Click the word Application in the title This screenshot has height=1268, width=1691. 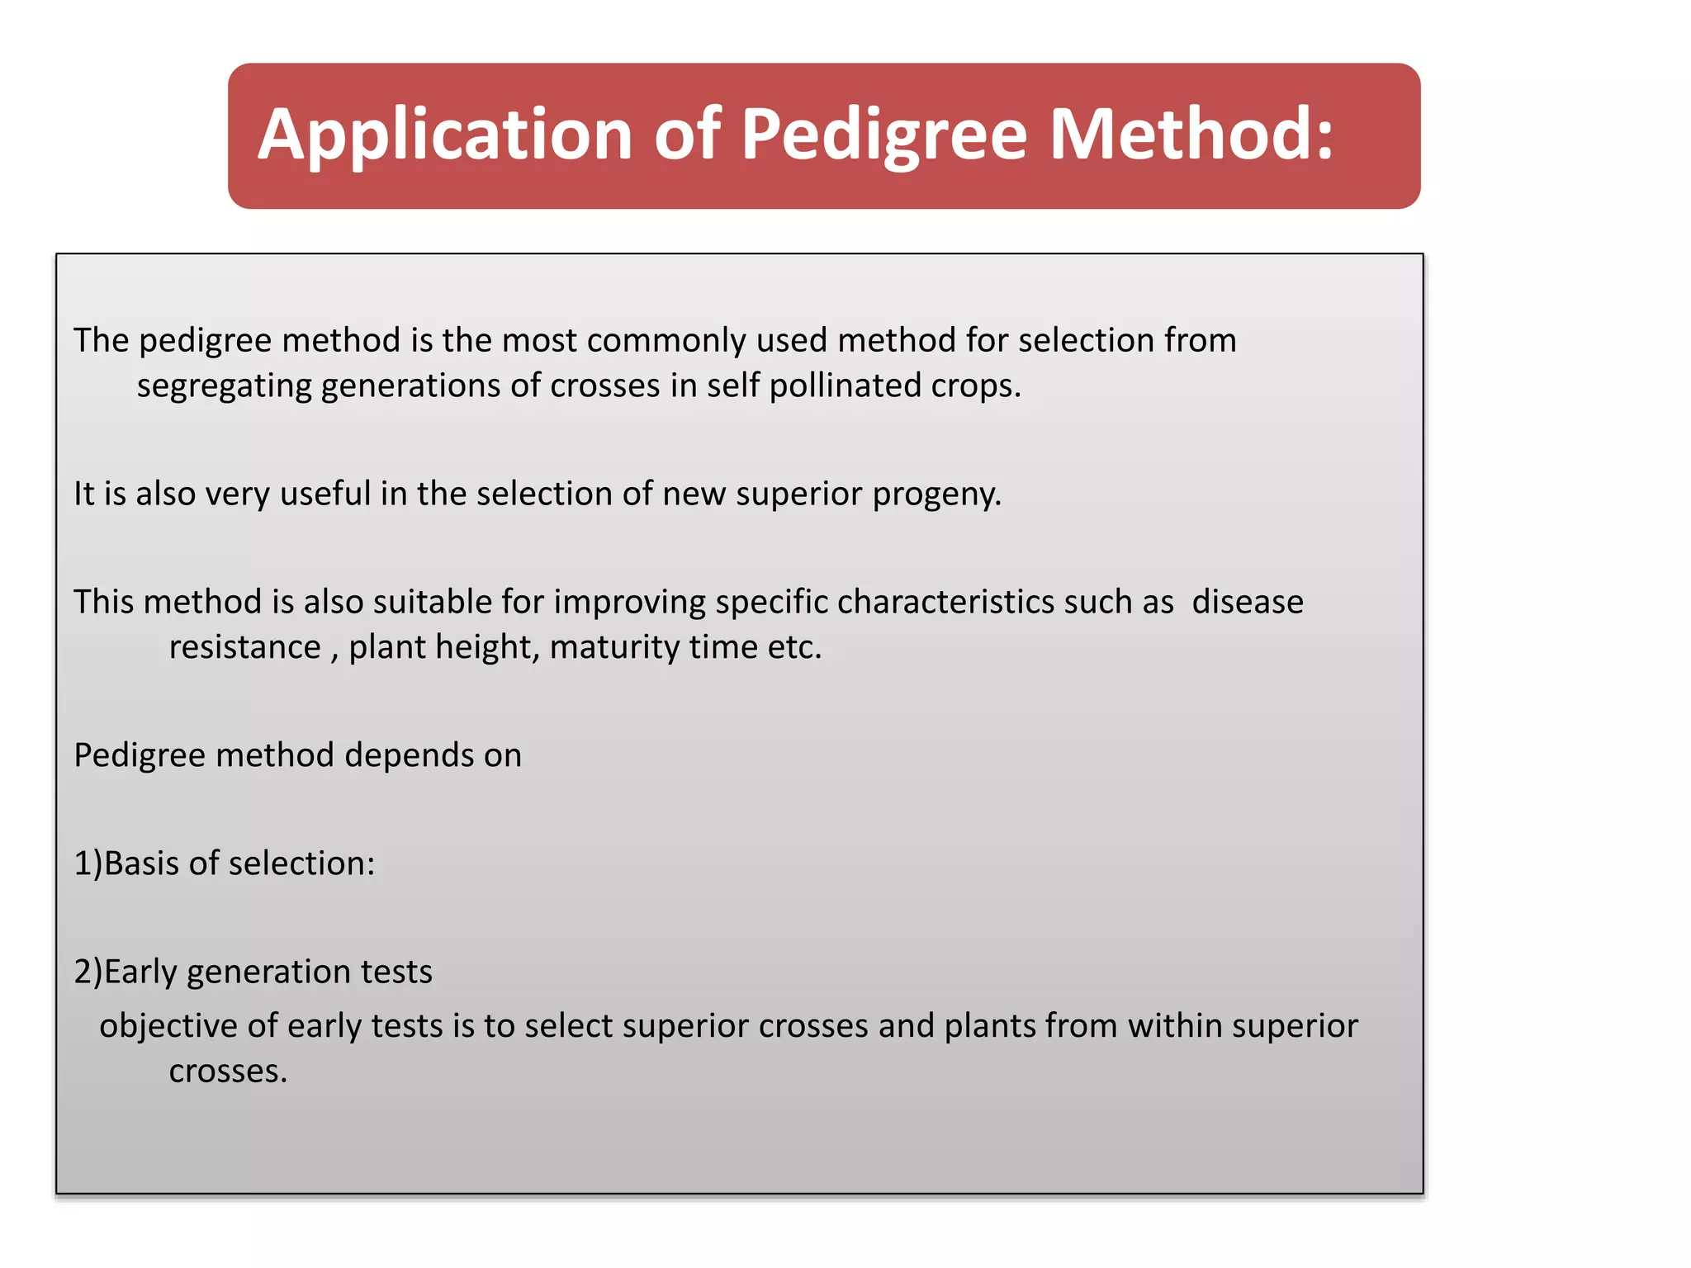pyautogui.click(x=444, y=135)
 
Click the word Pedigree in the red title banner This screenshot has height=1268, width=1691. pyautogui.click(x=883, y=135)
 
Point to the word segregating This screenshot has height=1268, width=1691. pyautogui.click(x=224, y=386)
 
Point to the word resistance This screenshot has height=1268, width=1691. pyautogui.click(x=244, y=647)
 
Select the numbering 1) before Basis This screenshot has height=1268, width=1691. pyautogui.click(x=88, y=863)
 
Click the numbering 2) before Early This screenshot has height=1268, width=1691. pyautogui.click(x=88, y=972)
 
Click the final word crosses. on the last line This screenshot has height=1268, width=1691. pyautogui.click(x=228, y=1072)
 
